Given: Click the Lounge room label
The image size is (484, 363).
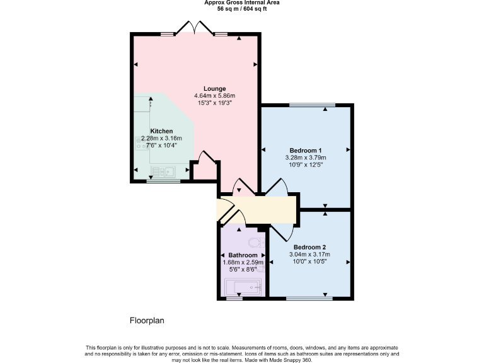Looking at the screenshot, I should coord(214,88).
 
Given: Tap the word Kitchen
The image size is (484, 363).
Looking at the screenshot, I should coord(161,131).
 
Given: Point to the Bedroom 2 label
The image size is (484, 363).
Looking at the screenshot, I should coord(309,247).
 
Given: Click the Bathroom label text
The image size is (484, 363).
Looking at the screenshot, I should coord(243,255).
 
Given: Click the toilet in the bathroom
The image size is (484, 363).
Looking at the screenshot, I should coord(255,243).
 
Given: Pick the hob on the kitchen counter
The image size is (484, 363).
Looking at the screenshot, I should coord(140,144).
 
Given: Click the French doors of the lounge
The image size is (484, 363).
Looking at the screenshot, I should coord(195,28).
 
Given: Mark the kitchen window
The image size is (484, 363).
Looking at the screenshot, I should coord(163,181).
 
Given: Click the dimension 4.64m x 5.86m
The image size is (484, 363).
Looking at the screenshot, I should coord(214,95).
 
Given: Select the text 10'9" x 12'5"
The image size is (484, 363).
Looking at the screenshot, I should coord(304,164).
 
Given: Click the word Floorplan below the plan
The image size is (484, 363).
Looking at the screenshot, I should coord(147,321).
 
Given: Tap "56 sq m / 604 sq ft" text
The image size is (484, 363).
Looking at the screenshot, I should coord(242,9).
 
